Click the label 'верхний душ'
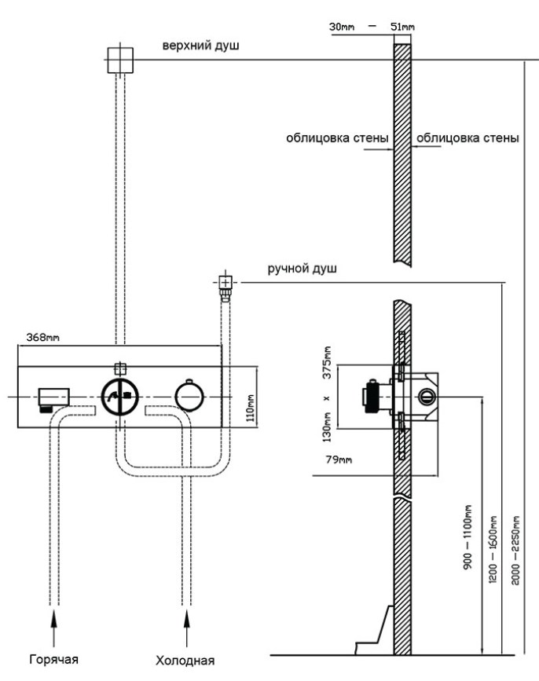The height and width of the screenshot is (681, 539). coord(200,46)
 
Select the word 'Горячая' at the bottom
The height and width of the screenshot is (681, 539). coord(54,658)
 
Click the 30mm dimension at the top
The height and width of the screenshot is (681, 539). coord(342,27)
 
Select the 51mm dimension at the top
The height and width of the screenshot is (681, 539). coord(402,27)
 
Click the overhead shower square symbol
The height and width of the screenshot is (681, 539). coord(120,58)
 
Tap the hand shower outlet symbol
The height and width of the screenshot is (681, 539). coord(225,282)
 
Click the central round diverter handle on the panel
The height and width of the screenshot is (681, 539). coord(119,397)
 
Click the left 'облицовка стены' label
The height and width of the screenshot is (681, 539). coord(337,140)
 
